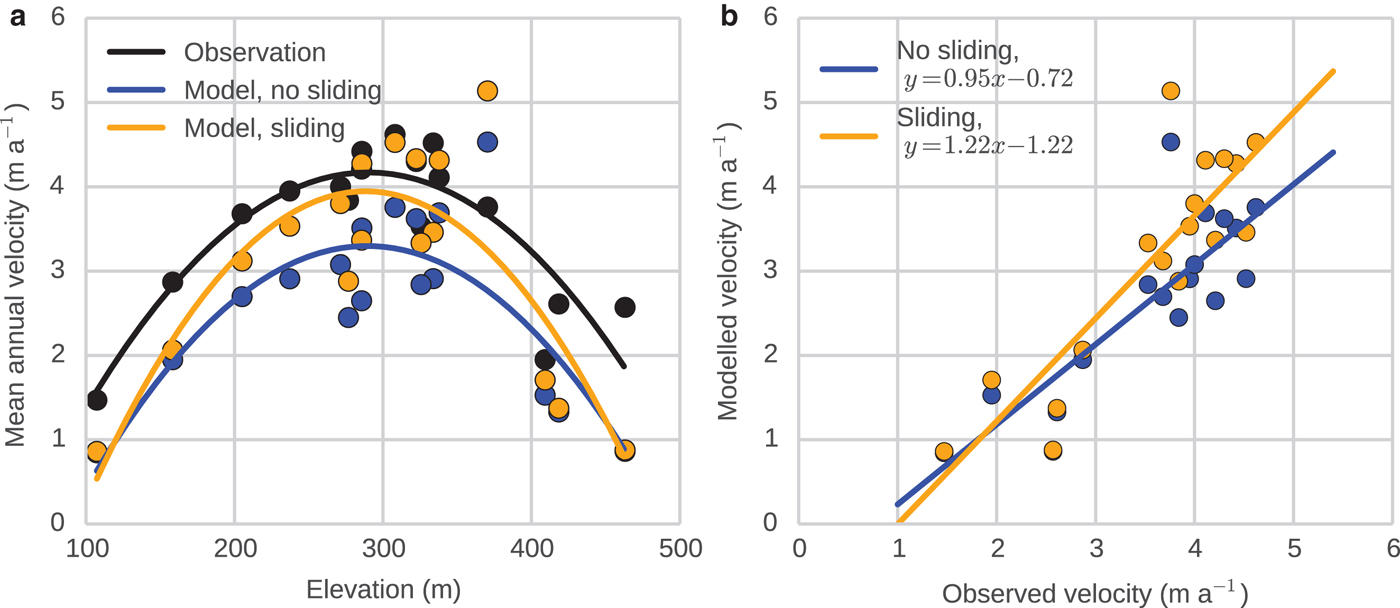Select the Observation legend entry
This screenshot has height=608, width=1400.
[x=255, y=52]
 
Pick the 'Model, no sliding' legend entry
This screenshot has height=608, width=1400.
[x=282, y=90]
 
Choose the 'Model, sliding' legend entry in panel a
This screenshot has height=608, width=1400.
[x=264, y=128]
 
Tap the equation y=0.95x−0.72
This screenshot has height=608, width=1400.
[x=984, y=79]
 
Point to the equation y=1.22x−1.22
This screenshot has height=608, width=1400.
[x=984, y=145]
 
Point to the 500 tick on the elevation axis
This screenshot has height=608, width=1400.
[x=679, y=550]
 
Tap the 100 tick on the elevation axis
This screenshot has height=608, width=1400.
[x=87, y=550]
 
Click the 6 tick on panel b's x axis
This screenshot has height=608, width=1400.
[x=1391, y=550]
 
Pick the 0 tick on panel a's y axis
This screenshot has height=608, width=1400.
[x=58, y=522]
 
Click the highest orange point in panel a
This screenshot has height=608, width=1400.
[x=487, y=91]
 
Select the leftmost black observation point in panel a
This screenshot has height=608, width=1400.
[x=97, y=400]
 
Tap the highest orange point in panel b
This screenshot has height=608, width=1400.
[x=1170, y=91]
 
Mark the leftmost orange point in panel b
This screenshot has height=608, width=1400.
[x=944, y=451]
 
